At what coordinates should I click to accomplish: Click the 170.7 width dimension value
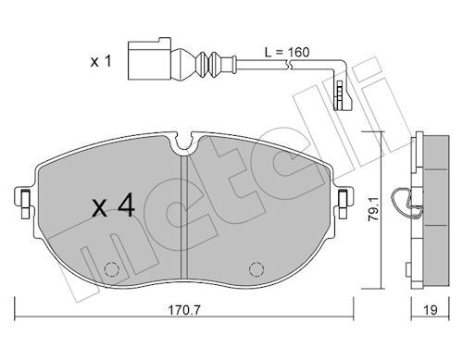pyautogui.click(x=183, y=310)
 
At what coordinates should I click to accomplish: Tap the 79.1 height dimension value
pyautogui.click(x=374, y=209)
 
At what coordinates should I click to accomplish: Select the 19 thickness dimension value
pyautogui.click(x=431, y=310)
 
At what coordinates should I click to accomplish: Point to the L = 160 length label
pyautogui.click(x=287, y=52)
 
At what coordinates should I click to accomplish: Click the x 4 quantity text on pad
pyautogui.click(x=114, y=205)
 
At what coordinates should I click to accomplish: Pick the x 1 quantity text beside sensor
pyautogui.click(x=101, y=61)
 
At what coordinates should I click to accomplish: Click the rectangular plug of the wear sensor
pyautogui.click(x=149, y=61)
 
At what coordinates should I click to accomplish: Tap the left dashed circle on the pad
pyautogui.click(x=112, y=269)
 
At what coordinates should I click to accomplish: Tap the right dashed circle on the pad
pyautogui.click(x=257, y=269)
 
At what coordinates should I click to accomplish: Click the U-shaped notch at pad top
pyautogui.click(x=184, y=143)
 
